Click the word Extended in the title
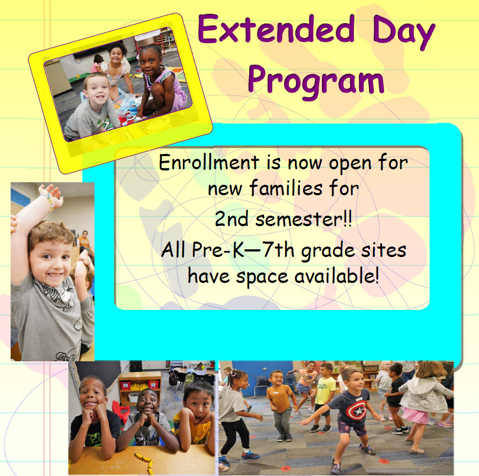tap(276, 30)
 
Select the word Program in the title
tap(315, 79)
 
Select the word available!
tap(337, 275)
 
